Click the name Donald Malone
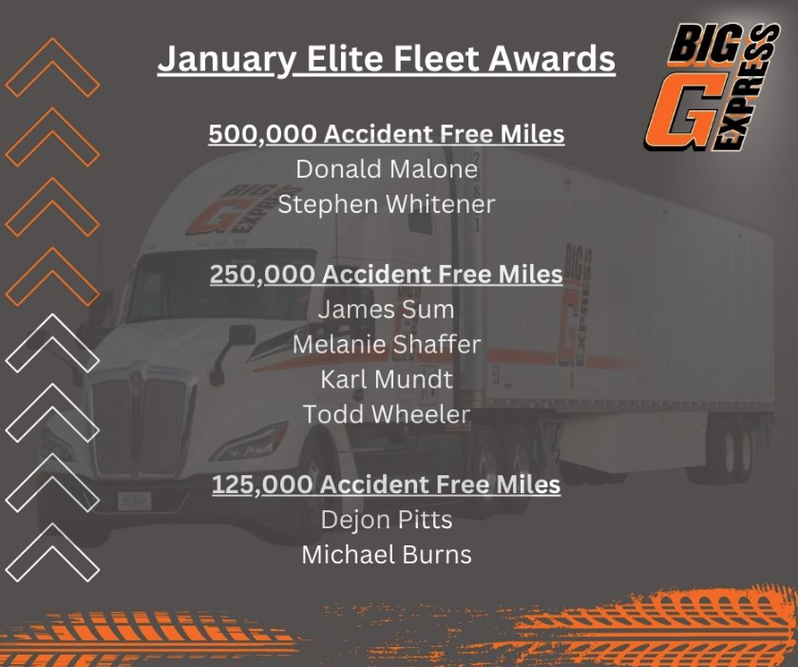click(387, 169)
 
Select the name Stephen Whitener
click(387, 204)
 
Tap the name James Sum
click(387, 310)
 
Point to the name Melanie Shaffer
click(387, 344)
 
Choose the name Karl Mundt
click(387, 379)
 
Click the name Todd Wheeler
click(387, 414)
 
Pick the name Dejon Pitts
click(387, 520)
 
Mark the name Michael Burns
click(387, 555)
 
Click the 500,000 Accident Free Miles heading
click(387, 134)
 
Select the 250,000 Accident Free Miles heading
click(387, 274)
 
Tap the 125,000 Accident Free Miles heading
click(387, 485)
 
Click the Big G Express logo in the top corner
click(712, 86)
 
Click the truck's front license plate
click(134, 501)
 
